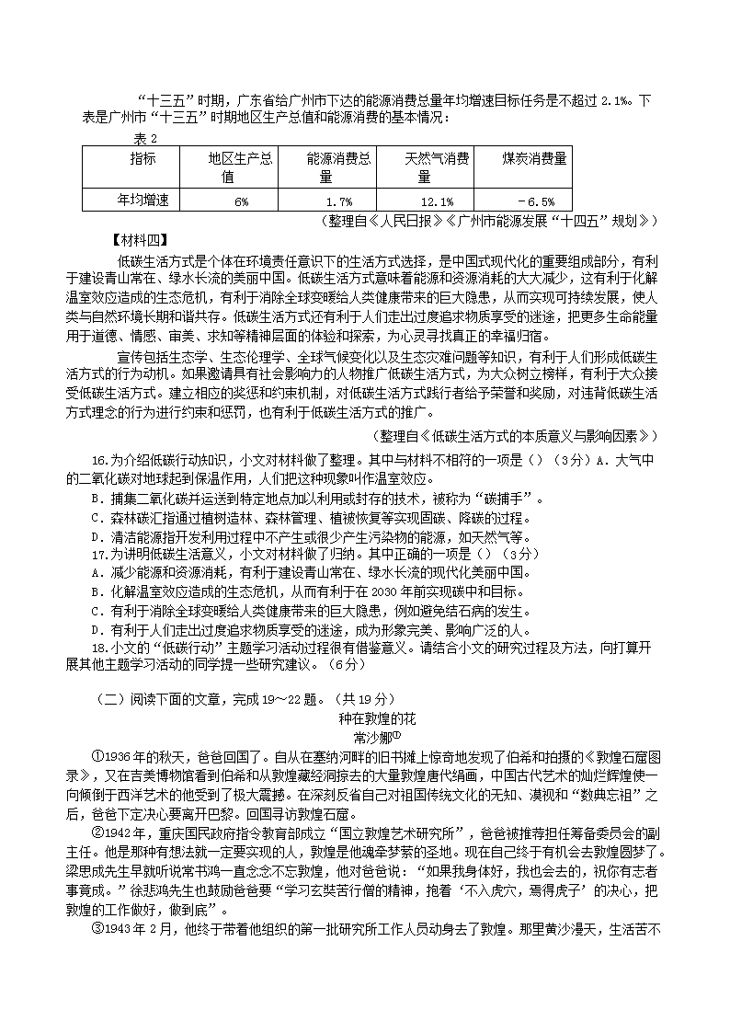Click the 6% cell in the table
click(241, 201)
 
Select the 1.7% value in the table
click(339, 201)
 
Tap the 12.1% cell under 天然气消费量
click(436, 201)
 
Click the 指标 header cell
click(142, 158)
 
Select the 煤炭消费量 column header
click(534, 158)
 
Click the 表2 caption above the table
click(145, 138)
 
